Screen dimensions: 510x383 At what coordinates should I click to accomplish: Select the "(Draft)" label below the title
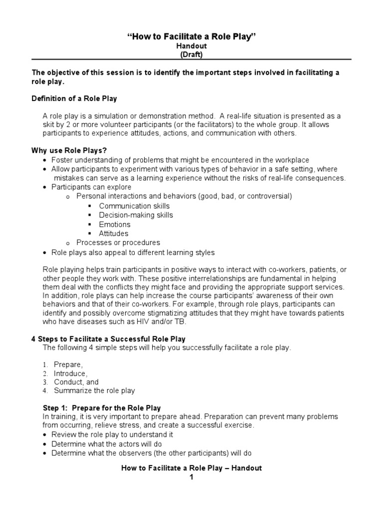pyautogui.click(x=191, y=54)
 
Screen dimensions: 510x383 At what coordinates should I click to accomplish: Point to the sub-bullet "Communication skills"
pyautogui.click(x=134, y=206)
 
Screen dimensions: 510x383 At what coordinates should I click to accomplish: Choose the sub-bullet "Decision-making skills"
pyautogui.click(x=136, y=215)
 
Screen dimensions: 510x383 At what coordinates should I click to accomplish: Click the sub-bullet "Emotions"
pyautogui.click(x=115, y=224)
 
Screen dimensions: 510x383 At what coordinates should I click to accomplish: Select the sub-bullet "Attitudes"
pyautogui.click(x=114, y=233)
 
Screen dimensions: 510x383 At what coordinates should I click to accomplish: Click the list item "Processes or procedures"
pyautogui.click(x=118, y=243)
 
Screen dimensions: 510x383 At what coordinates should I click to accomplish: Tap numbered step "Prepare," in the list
pyautogui.click(x=69, y=365)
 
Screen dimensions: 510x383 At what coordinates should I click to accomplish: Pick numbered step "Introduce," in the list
pyautogui.click(x=71, y=374)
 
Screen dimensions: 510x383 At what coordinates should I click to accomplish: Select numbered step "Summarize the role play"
pyautogui.click(x=94, y=390)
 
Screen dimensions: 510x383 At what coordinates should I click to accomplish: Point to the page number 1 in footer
pyautogui.click(x=191, y=477)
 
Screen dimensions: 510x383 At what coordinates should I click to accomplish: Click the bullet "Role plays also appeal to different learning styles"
pyautogui.click(x=133, y=253)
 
